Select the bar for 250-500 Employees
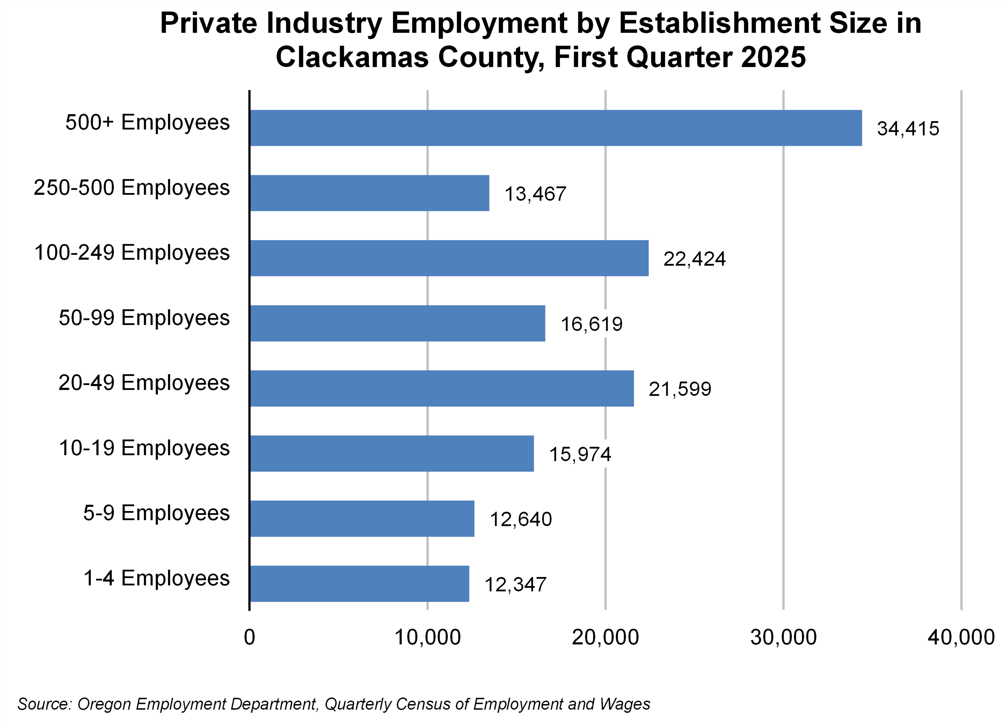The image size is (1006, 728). (369, 193)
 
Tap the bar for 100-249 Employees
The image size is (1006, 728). (449, 258)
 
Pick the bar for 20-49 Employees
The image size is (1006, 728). (442, 388)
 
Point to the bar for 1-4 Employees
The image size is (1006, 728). (359, 584)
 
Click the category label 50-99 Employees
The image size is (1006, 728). (144, 318)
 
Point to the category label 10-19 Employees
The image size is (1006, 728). (144, 448)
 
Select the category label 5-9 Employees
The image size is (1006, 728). (156, 513)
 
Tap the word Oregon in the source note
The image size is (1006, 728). (105, 704)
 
